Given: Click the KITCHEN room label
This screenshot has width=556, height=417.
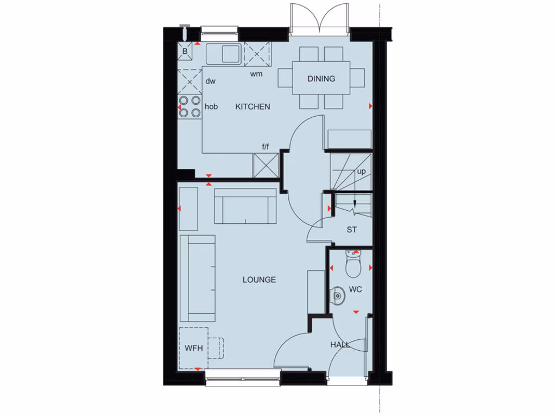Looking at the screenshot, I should [252, 107].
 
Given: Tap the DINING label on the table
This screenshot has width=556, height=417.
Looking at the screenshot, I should [321, 79].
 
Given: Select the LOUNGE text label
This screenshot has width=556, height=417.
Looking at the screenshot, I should [259, 280].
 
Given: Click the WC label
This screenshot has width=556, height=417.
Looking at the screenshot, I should [355, 289].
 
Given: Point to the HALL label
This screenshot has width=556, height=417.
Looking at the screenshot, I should [340, 345].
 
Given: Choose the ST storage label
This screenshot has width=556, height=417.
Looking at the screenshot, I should [352, 230].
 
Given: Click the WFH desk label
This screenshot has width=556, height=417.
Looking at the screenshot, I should [193, 348].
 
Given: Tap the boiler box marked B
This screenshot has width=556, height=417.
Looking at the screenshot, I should [185, 52].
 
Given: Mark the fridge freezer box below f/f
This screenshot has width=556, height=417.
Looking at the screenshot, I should [266, 165].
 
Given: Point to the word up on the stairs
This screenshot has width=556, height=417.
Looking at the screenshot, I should [361, 172].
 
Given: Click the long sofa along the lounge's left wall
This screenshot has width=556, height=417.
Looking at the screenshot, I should [197, 278].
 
